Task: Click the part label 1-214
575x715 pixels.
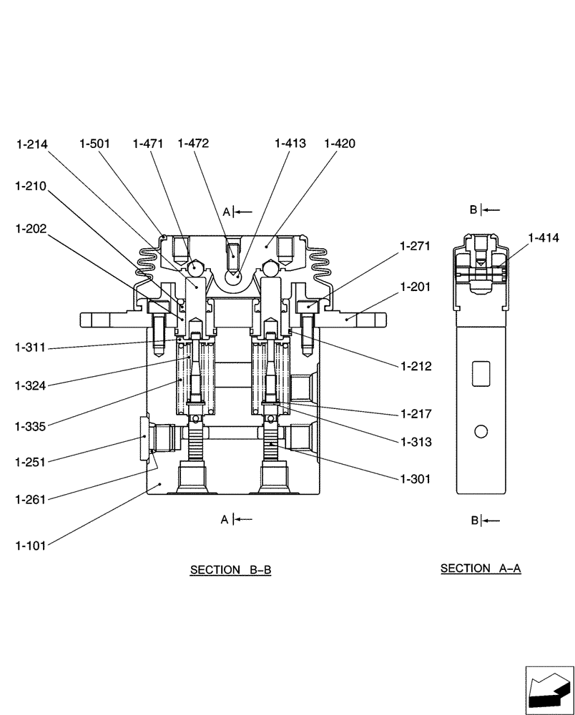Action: pyautogui.click(x=31, y=144)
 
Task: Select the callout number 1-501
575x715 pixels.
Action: pyautogui.click(x=94, y=144)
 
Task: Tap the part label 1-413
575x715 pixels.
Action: pyautogui.click(x=290, y=144)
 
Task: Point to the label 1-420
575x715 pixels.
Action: pyautogui.click(x=339, y=144)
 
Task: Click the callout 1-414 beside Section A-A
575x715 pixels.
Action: pyautogui.click(x=544, y=238)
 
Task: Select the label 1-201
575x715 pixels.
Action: pyautogui.click(x=416, y=286)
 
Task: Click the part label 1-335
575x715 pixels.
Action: pyautogui.click(x=31, y=427)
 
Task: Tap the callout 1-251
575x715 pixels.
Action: pyautogui.click(x=31, y=462)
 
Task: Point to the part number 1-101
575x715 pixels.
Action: pyautogui.click(x=31, y=546)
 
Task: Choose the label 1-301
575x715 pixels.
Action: pyautogui.click(x=416, y=479)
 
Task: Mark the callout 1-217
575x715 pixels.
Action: pyautogui.click(x=416, y=413)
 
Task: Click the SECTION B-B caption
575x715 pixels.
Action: pyautogui.click(x=230, y=571)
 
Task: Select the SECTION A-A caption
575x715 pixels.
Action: pyautogui.click(x=481, y=568)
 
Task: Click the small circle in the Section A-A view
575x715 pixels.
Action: pyautogui.click(x=481, y=431)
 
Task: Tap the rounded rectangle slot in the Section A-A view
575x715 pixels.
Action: pyautogui.click(x=481, y=373)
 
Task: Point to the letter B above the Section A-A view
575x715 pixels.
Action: pyautogui.click(x=473, y=209)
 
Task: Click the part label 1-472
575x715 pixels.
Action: pyautogui.click(x=193, y=144)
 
